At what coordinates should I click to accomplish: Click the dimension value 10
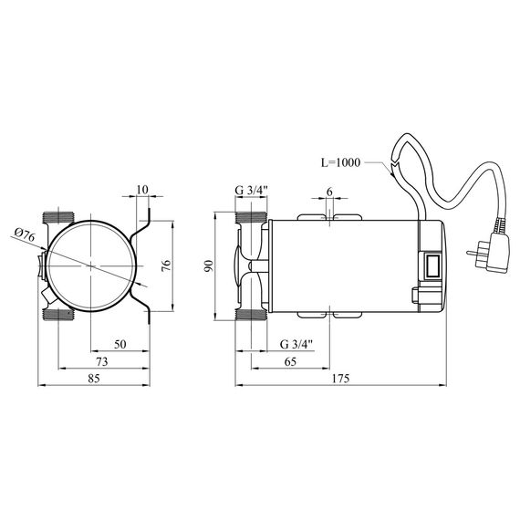pos(141,190)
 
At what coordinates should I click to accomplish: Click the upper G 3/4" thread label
pos(250,190)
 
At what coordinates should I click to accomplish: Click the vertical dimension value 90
pos(209,265)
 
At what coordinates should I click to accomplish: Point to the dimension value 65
pos(289,362)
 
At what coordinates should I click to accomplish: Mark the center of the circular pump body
pos(91,265)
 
